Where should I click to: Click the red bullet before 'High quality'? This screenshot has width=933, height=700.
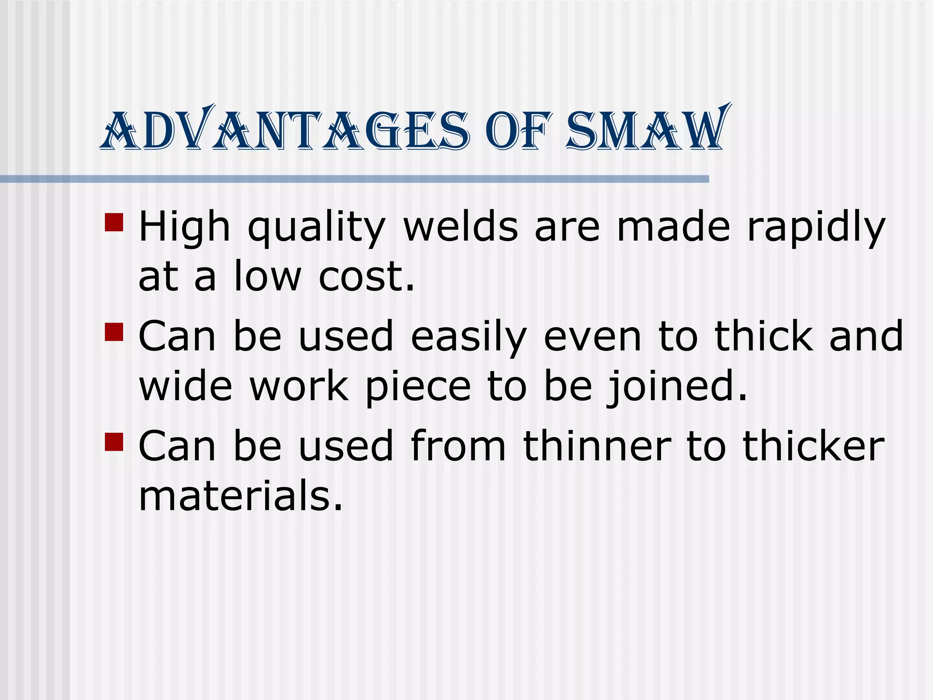tap(114, 222)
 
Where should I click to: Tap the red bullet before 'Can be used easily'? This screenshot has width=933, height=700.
tap(114, 332)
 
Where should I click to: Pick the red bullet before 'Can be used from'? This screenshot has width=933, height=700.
tap(114, 442)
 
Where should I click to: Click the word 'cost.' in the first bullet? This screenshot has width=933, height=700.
tap(367, 277)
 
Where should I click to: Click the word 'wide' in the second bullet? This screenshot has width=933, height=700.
tap(185, 386)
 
